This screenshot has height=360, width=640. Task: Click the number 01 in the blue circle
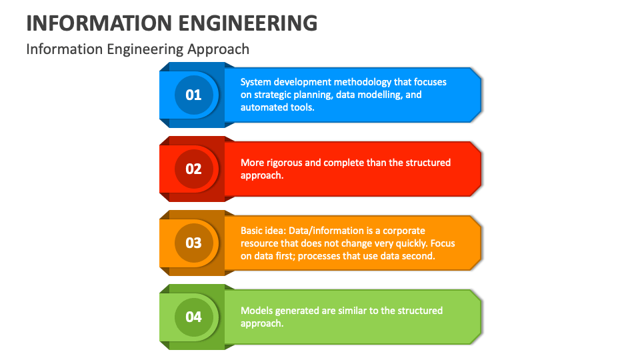tap(193, 95)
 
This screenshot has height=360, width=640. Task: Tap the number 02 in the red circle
tap(193, 169)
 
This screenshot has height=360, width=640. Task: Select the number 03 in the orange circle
tap(193, 243)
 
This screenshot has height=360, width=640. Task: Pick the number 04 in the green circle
tap(193, 317)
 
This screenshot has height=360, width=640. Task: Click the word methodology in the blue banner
tap(362, 82)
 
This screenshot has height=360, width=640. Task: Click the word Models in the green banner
tap(255, 311)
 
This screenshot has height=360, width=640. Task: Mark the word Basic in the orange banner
tap(252, 231)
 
